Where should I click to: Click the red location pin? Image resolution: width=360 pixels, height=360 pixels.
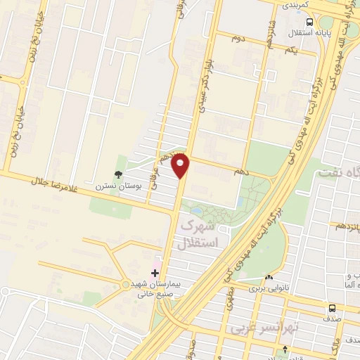coord(181,166)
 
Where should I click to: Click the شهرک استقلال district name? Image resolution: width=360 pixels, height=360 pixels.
coord(200,235)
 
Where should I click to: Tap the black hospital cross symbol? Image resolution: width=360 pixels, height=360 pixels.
coord(155,271)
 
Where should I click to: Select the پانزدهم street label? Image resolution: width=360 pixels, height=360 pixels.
coord(347,227)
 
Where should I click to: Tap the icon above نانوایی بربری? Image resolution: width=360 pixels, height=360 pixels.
coord(270,277)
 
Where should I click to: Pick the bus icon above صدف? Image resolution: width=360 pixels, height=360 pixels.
coord(331,307)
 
